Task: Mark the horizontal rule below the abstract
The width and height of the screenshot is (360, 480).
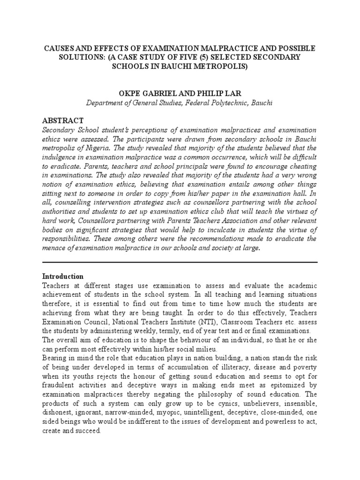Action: click(180, 262)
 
